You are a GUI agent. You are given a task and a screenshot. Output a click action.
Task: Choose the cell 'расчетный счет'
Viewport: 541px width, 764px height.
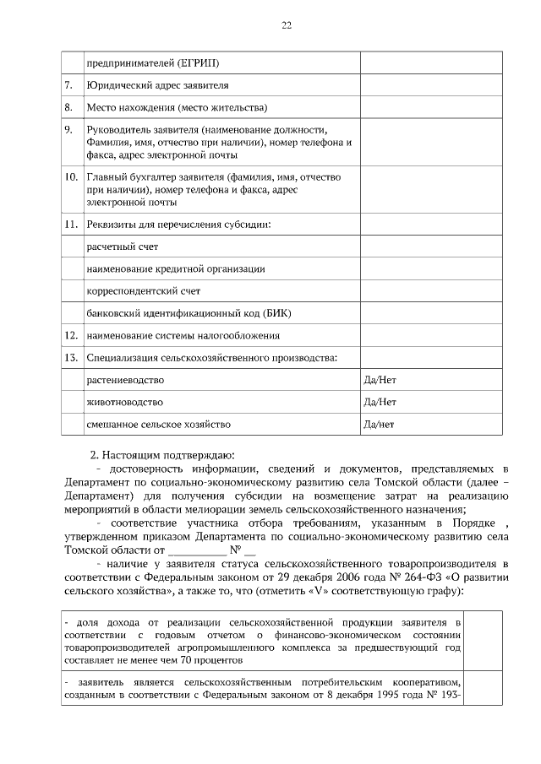[x=123, y=247]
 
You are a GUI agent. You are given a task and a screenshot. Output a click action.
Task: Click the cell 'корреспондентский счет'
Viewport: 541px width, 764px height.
[x=143, y=291]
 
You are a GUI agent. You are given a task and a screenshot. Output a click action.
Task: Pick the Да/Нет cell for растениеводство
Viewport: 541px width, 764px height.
[x=379, y=380]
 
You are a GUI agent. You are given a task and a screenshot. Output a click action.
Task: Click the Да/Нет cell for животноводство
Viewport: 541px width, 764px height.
[x=379, y=402]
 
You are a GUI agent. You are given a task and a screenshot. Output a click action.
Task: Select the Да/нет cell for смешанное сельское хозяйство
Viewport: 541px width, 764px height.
[x=379, y=424]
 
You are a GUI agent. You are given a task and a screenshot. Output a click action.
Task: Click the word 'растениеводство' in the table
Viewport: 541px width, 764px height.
[x=125, y=380]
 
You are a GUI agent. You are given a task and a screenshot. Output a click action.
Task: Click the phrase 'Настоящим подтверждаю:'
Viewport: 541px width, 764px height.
[x=169, y=453]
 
